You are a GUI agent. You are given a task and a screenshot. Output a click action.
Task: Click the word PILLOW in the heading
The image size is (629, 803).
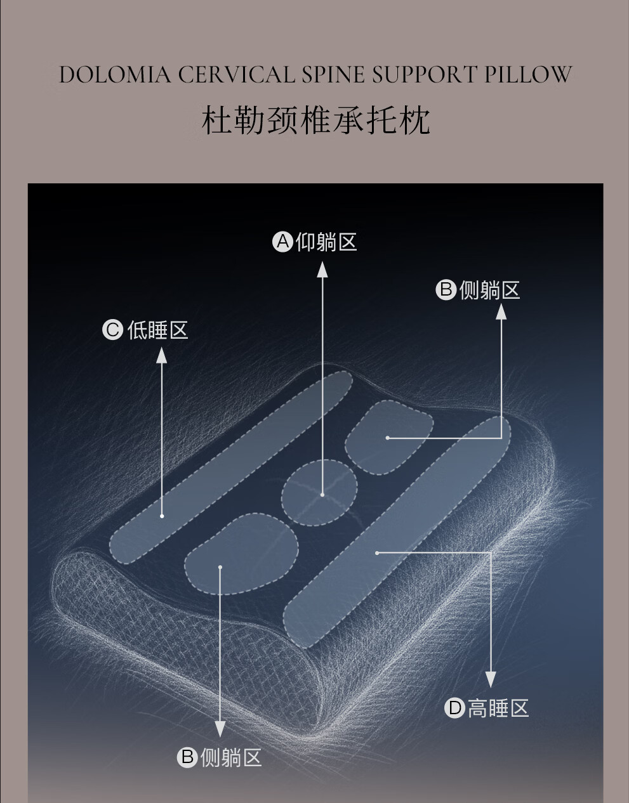[x=528, y=75]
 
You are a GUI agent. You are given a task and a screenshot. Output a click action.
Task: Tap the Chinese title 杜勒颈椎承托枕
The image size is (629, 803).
[x=315, y=121]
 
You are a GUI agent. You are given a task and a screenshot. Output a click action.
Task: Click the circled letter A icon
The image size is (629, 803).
[x=282, y=242]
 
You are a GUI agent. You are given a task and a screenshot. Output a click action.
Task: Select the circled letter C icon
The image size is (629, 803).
[x=112, y=330]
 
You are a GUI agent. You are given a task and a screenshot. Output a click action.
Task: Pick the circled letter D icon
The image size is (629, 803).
[x=454, y=707]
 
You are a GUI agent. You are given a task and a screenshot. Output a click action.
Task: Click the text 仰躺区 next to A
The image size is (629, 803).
[x=326, y=242]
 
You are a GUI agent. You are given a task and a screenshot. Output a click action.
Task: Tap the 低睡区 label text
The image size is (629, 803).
[x=158, y=330]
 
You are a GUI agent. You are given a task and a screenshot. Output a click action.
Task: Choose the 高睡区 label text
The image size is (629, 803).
[x=498, y=708]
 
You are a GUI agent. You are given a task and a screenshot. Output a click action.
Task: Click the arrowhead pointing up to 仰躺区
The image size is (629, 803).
[x=322, y=269]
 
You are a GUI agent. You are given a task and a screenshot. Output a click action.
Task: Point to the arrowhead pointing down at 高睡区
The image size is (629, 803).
[x=491, y=679]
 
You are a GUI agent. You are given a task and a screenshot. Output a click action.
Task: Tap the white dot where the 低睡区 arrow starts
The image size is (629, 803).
[x=162, y=516]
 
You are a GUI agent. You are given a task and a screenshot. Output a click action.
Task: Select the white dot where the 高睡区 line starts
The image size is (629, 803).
[x=377, y=553]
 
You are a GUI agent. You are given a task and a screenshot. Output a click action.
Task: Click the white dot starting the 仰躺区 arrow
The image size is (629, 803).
[x=322, y=495]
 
